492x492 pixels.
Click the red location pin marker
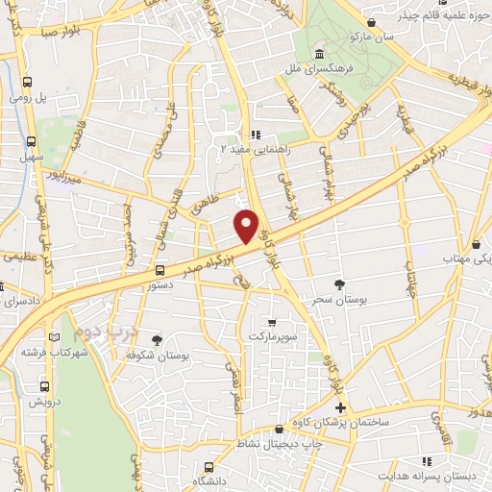tap(248, 226)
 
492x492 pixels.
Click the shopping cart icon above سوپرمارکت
tap(273, 322)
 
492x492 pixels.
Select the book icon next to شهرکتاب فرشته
tap(54, 335)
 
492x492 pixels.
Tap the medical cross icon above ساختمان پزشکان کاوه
tap(340, 408)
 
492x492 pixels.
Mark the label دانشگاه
tap(213, 480)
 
